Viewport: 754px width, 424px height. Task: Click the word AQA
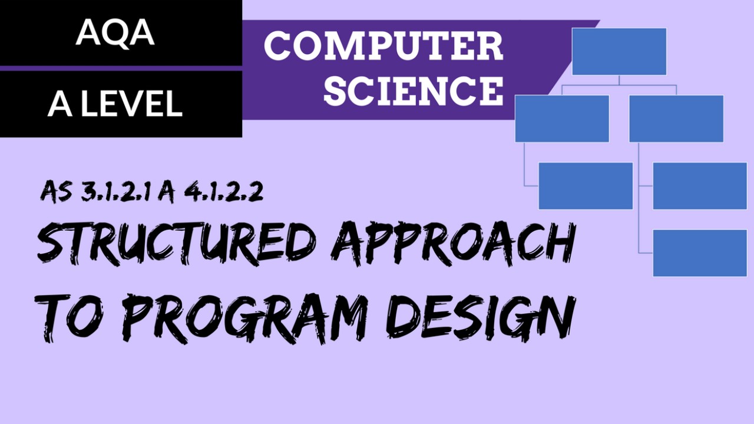(x=115, y=34)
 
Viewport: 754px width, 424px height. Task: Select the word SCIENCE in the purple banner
(x=413, y=91)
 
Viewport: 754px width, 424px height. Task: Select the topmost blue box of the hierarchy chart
(x=619, y=52)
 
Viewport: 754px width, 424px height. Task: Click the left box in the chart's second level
(x=562, y=118)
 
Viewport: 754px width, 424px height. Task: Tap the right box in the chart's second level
(x=676, y=118)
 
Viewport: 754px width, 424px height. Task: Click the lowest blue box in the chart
(x=700, y=253)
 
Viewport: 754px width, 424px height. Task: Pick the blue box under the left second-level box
(x=586, y=186)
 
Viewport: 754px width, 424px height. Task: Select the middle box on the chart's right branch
(x=700, y=186)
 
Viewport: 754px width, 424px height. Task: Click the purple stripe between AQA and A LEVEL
(x=121, y=68)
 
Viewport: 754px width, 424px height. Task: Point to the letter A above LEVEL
(x=59, y=104)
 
